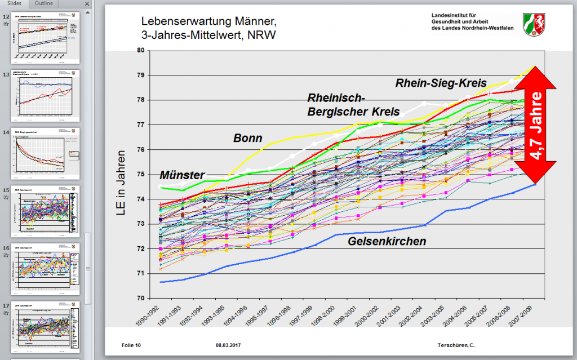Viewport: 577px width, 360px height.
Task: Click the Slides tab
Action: [x=15, y=4]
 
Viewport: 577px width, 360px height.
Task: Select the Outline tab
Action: [x=44, y=4]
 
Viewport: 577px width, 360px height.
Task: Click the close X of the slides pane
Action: [x=87, y=4]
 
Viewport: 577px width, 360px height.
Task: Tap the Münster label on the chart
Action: [x=182, y=175]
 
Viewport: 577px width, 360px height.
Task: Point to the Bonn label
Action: [x=248, y=137]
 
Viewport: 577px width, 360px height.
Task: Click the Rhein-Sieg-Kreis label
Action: [x=441, y=83]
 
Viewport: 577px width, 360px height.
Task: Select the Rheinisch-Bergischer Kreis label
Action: [x=353, y=105]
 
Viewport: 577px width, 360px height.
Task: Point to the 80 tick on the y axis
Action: [x=140, y=51]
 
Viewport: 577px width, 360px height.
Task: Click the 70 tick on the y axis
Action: [x=140, y=298]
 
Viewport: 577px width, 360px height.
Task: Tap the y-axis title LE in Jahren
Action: [x=121, y=175]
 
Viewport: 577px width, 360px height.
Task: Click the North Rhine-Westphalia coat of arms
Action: [x=534, y=24]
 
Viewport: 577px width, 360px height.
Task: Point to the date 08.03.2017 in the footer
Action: [x=228, y=345]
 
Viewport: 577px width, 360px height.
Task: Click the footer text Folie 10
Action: [x=131, y=345]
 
